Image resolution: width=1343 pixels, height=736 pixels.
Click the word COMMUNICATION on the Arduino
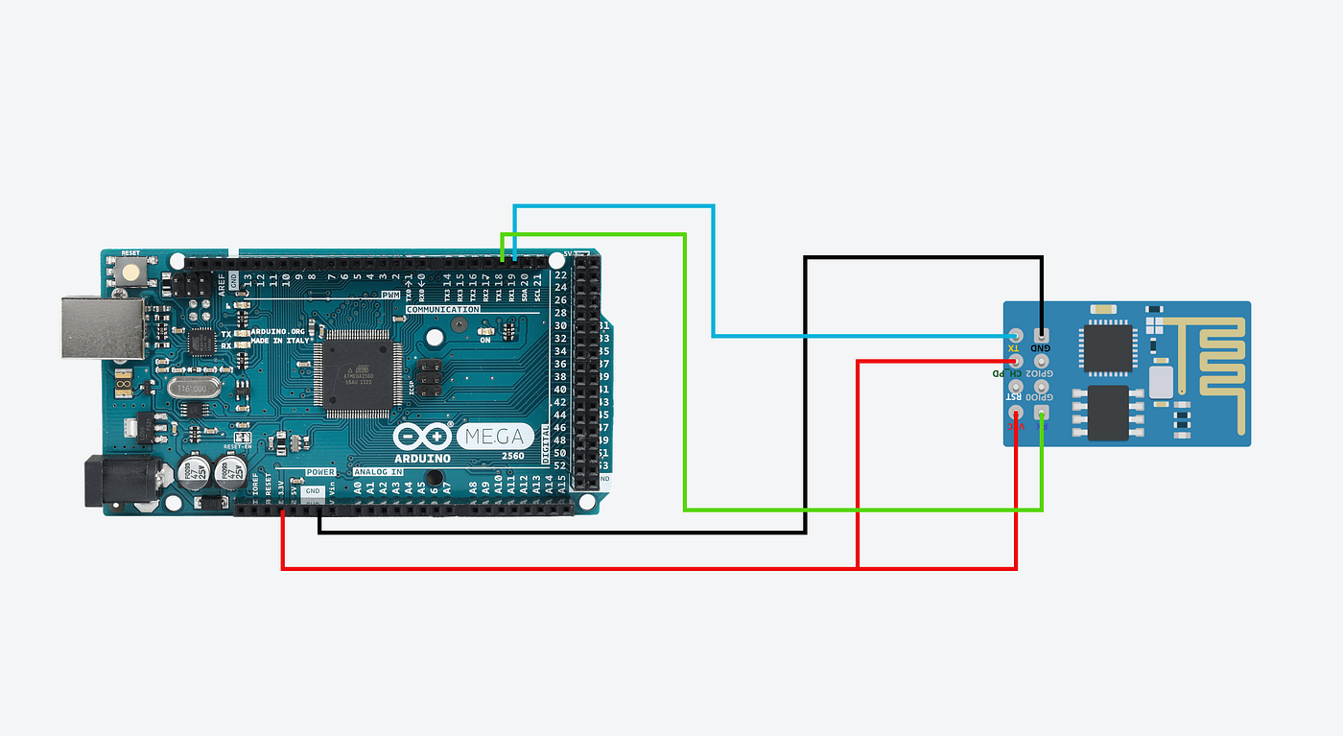(443, 310)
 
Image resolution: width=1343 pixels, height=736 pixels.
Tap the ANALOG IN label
(379, 472)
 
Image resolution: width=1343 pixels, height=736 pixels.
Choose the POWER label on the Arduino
(319, 472)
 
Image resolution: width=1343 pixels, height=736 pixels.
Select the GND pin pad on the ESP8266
(1042, 335)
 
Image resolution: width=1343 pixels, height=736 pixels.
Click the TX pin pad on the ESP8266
(1016, 336)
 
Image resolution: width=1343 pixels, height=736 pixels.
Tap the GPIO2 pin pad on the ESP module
(1042, 361)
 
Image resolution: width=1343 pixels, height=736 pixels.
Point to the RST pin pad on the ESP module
(1016, 387)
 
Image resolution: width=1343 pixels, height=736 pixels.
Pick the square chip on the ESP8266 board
(1107, 347)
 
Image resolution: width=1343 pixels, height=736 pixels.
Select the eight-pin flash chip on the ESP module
(1108, 412)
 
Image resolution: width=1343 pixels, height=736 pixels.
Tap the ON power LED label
(485, 340)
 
